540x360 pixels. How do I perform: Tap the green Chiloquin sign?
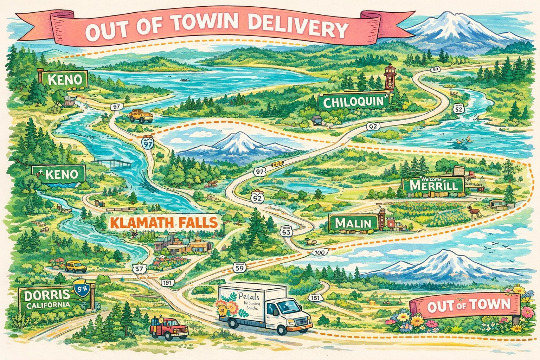[x=353, y=102]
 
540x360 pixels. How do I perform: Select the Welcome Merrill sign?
[x=433, y=185]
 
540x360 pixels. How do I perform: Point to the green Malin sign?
[x=353, y=223]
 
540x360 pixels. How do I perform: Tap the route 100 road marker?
[x=320, y=252]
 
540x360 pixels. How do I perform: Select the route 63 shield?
[x=286, y=232]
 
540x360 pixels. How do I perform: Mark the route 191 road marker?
[x=167, y=282]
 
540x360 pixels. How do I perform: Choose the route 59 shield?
[x=239, y=268]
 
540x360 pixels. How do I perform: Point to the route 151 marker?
[x=316, y=298]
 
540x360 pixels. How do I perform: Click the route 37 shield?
[x=140, y=269]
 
